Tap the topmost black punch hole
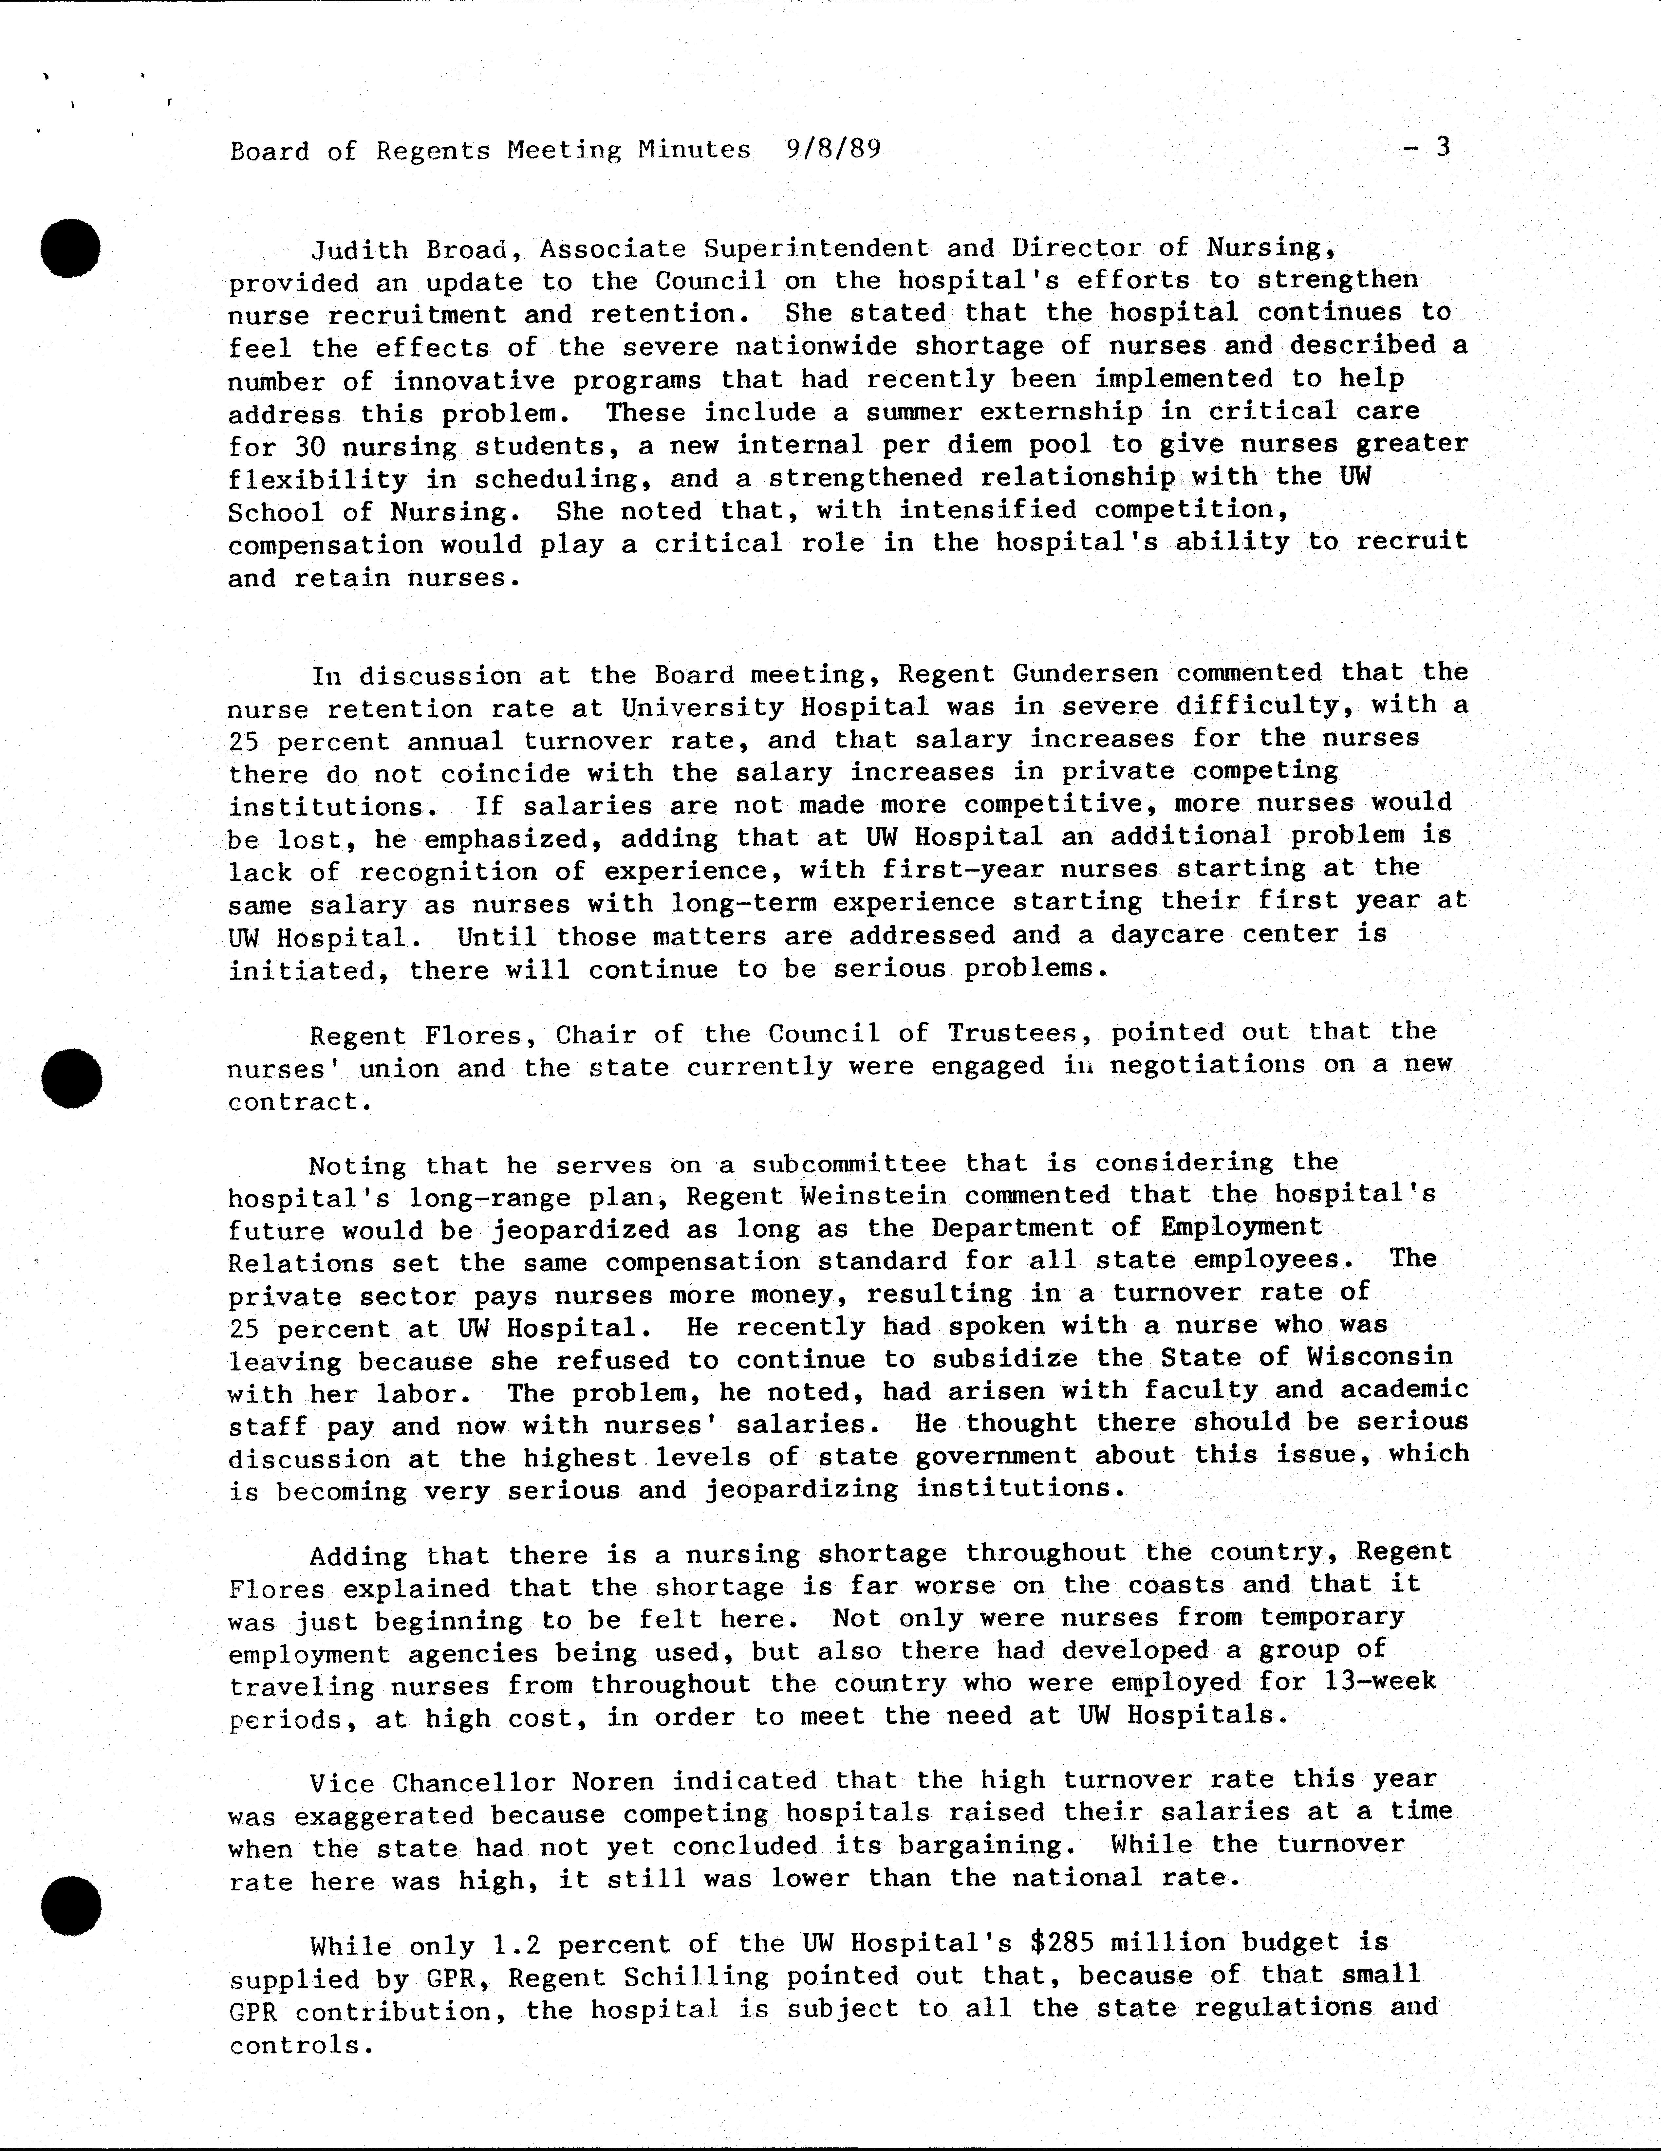pos(71,249)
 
